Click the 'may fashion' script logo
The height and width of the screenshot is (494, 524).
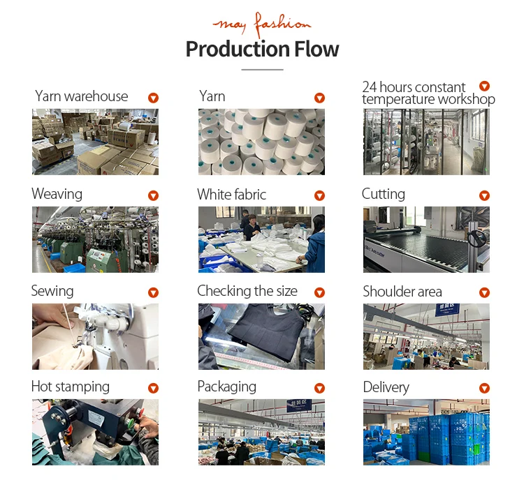pyautogui.click(x=262, y=24)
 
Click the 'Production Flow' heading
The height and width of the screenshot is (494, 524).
pyautogui.click(x=262, y=50)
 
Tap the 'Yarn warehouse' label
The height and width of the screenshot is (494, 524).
pyautogui.click(x=82, y=96)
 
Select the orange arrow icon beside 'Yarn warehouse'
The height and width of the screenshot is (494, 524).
pyautogui.click(x=153, y=98)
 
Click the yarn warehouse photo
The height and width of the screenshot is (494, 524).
pyautogui.click(x=95, y=142)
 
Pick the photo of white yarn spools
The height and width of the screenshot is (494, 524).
pyautogui.click(x=261, y=142)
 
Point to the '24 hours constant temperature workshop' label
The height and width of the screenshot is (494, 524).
pyautogui.click(x=428, y=93)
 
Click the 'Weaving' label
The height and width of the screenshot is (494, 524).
pyautogui.click(x=57, y=194)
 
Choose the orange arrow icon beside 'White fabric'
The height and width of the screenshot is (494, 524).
pyautogui.click(x=319, y=196)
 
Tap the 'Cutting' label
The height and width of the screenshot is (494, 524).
pyautogui.click(x=383, y=194)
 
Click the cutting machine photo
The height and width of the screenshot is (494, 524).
pyautogui.click(x=426, y=239)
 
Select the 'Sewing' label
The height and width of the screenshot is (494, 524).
pyautogui.click(x=52, y=291)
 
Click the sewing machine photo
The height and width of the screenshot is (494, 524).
pyautogui.click(x=95, y=336)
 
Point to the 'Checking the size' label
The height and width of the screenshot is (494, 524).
pyautogui.click(x=247, y=291)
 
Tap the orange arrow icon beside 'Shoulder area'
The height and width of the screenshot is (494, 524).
pyautogui.click(x=484, y=293)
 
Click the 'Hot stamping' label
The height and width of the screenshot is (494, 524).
pyautogui.click(x=71, y=387)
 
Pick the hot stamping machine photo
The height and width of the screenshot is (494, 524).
pyautogui.click(x=95, y=432)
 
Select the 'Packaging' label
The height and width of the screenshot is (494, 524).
pyautogui.click(x=226, y=387)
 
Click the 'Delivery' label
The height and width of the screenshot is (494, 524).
pyautogui.click(x=386, y=387)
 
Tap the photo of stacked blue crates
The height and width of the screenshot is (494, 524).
pyautogui.click(x=426, y=432)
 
